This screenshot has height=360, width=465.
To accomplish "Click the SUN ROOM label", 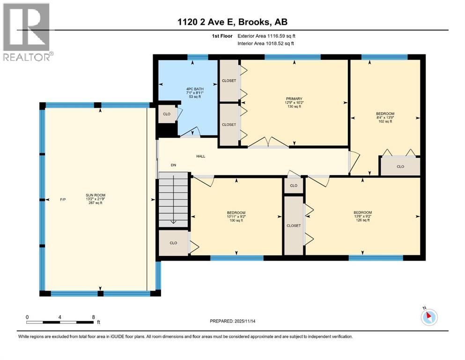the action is pos(96,195).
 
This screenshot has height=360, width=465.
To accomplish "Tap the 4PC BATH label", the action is pos(195,89).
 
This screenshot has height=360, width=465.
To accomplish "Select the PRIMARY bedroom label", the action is pos(294,98).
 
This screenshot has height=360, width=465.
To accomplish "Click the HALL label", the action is pos(201,156).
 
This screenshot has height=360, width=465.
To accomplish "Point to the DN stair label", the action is pos(173,165).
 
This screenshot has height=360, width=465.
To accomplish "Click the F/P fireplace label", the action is pos(63,200).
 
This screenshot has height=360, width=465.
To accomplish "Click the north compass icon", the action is pos(429,317).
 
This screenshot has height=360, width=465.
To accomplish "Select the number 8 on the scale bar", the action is pos(94,317).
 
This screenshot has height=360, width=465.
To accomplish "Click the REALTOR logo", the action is pos(27,32).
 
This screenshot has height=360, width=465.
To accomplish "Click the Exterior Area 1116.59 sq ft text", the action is pos(266,36).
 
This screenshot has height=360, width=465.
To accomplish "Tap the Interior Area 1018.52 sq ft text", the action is pos(266,43).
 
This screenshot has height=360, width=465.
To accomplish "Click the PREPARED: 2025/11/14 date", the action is pos(232,321).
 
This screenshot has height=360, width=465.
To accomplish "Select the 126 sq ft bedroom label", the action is pos(363,217).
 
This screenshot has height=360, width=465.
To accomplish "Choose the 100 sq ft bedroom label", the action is pos(236,217).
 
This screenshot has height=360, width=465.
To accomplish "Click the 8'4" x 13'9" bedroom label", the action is pos(385,117).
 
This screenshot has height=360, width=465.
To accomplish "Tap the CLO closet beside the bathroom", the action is pos(167,114).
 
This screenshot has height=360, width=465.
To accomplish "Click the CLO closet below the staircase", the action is pos(173,243).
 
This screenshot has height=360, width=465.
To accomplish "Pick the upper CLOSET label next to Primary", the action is pos(229,81).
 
